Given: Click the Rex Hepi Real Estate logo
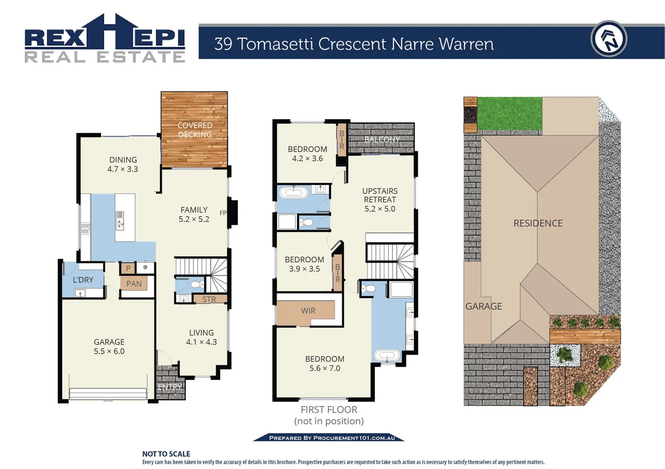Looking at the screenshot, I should pyautogui.click(x=105, y=39).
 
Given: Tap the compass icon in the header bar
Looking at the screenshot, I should pyautogui.click(x=609, y=39).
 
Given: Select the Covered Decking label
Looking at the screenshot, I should pyautogui.click(x=195, y=130).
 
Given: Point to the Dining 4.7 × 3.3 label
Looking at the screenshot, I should pyautogui.click(x=122, y=165).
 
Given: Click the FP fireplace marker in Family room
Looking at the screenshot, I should pyautogui.click(x=223, y=213).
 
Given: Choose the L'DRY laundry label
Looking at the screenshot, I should pyautogui.click(x=83, y=280).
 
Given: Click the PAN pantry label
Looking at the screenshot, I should pyautogui.click(x=134, y=284).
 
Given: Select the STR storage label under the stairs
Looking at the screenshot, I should pyautogui.click(x=209, y=299).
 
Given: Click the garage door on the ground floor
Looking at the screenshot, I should pyautogui.click(x=108, y=393).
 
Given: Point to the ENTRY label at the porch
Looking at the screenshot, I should pyautogui.click(x=169, y=386).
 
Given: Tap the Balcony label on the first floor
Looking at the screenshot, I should pyautogui.click(x=381, y=139).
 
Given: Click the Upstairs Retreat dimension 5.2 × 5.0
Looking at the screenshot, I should pyautogui.click(x=380, y=209).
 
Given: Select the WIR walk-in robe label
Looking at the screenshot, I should pyautogui.click(x=308, y=310).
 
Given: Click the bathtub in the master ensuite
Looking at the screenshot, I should pyautogui.click(x=387, y=356).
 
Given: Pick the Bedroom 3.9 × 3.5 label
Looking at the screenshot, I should pyautogui.click(x=304, y=264).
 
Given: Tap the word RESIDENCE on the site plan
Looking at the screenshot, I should pyautogui.click(x=538, y=223).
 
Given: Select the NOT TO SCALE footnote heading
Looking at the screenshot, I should pyautogui.click(x=166, y=454).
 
